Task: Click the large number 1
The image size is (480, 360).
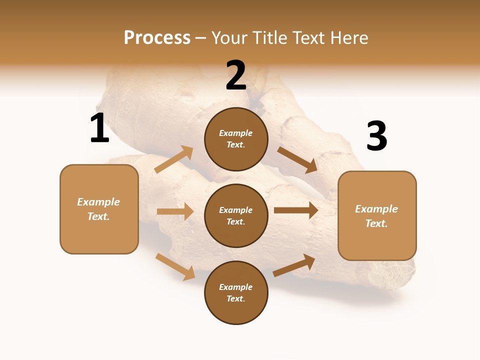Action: click(x=99, y=128)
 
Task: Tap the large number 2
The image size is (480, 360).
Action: click(x=236, y=75)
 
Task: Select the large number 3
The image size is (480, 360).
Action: click(x=376, y=136)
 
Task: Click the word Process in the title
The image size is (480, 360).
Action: click(x=157, y=37)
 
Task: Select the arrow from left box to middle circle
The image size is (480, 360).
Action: click(x=175, y=211)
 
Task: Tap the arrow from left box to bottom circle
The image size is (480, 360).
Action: click(x=175, y=266)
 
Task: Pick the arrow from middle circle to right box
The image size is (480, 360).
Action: click(x=296, y=210)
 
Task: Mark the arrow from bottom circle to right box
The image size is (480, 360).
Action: click(x=294, y=265)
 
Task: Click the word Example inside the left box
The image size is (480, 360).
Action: click(x=98, y=202)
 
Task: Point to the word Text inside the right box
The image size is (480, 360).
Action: click(x=376, y=223)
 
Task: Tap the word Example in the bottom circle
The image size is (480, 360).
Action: click(x=235, y=287)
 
